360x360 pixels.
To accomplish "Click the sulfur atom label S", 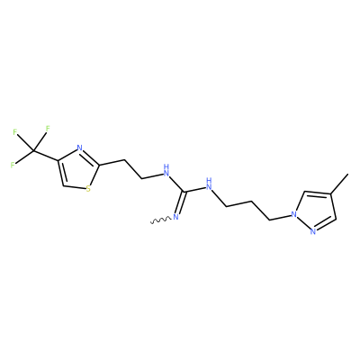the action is point(88,189).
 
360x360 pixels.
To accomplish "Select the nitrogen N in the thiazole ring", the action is point(80,148).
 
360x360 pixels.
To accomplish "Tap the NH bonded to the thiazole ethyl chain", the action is point(166,170).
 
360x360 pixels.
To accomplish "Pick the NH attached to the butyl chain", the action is point(209,184).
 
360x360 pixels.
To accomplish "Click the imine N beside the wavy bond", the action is point(175,217).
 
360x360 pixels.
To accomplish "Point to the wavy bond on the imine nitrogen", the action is point(161,220).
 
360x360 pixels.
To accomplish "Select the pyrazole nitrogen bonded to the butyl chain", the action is point(294,214).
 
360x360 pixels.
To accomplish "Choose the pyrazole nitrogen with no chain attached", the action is point(313,231).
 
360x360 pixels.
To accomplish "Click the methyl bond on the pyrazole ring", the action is point(339,184).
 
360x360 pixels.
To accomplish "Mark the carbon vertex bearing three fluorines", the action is point(33,151).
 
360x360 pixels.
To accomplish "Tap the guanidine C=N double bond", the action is point(181,202).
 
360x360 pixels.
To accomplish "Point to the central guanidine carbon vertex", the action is point(184,192).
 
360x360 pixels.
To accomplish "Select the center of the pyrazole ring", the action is point(315,210).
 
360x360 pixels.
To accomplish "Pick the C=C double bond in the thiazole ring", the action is point(61,173).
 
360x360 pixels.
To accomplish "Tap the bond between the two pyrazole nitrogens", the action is point(303,223).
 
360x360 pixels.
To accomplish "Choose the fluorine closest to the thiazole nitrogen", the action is point(48,128).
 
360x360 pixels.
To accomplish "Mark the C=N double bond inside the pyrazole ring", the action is point(325,224).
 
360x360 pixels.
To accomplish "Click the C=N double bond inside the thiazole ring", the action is point(90,157).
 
